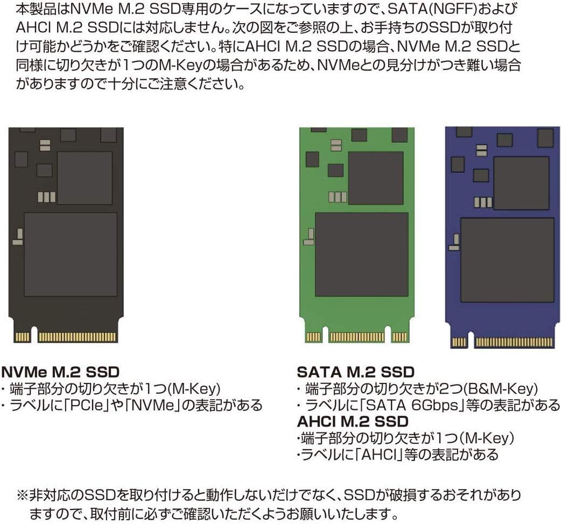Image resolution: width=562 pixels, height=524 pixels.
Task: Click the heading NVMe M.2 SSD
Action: (60, 372)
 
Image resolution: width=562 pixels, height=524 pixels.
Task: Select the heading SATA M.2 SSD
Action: (355, 372)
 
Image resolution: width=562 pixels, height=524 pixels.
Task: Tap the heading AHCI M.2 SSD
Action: (353, 421)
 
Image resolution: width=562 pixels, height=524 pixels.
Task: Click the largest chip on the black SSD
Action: (71, 254)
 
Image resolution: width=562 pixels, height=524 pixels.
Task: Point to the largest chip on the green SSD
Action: (362, 254)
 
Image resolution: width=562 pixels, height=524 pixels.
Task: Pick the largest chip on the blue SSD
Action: (507, 260)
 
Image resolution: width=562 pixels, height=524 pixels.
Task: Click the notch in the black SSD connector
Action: (34, 337)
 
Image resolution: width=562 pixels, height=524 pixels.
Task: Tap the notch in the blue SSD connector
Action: (470, 341)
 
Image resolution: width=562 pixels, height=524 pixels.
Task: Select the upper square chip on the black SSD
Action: (85, 178)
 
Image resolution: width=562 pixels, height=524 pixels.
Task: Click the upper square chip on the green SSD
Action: (376, 178)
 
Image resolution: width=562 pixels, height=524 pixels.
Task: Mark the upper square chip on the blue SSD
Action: (521, 183)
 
